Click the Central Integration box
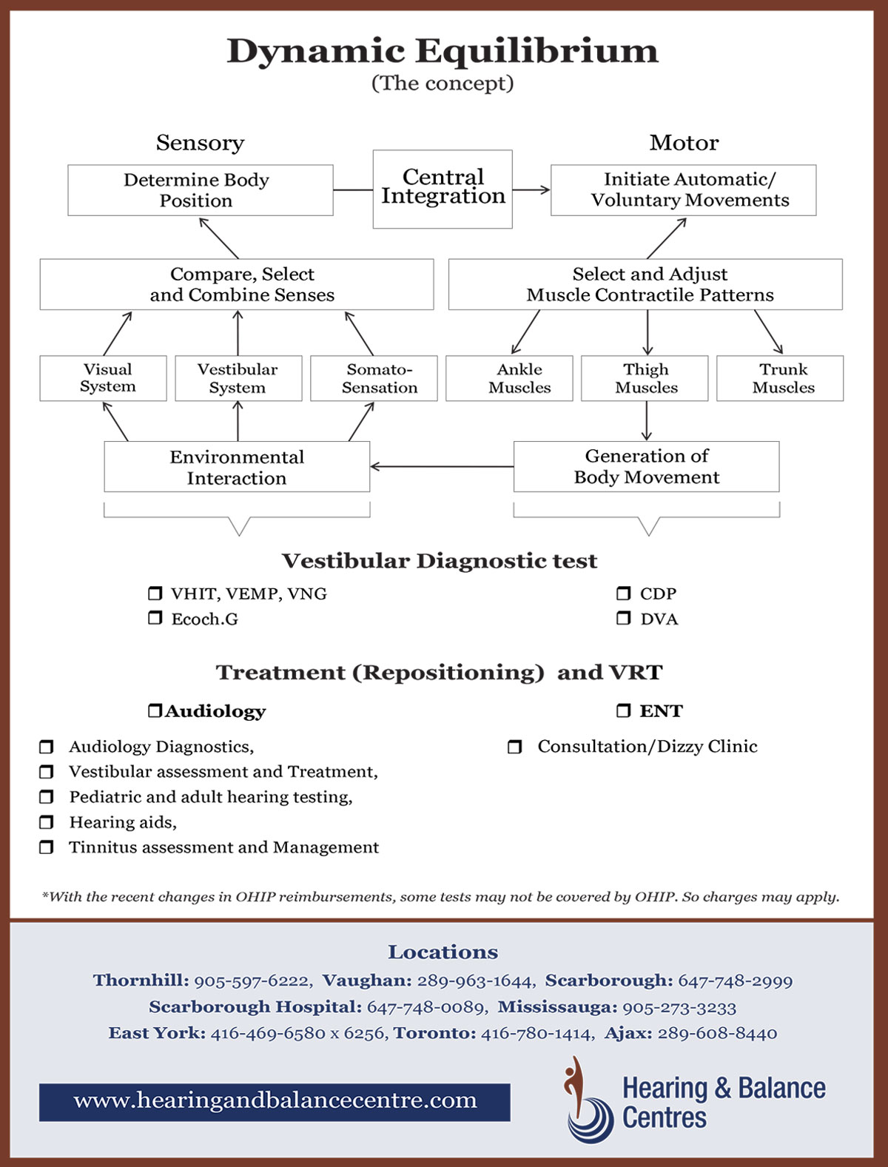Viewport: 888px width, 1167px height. [443, 189]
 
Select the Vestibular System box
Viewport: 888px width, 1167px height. [238, 378]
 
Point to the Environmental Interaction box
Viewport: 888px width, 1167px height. [237, 467]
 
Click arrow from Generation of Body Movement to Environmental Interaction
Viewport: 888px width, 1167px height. [442, 466]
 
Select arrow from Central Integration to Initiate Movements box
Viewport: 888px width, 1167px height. [531, 190]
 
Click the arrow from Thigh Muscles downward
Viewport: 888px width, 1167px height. [647, 421]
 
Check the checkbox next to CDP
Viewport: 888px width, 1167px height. [624, 593]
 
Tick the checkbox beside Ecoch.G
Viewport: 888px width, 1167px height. [155, 618]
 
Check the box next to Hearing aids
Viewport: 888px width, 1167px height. [46, 822]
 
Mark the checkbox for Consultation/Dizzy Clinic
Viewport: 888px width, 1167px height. [514, 747]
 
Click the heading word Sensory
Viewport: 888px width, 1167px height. [200, 143]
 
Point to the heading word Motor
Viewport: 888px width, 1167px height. [684, 143]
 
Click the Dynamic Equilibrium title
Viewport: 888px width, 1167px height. [442, 52]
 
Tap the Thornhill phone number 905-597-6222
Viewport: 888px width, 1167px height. [252, 981]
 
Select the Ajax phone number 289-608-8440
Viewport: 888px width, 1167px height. [717, 1034]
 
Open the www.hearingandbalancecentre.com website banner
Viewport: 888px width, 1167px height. [275, 1102]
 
